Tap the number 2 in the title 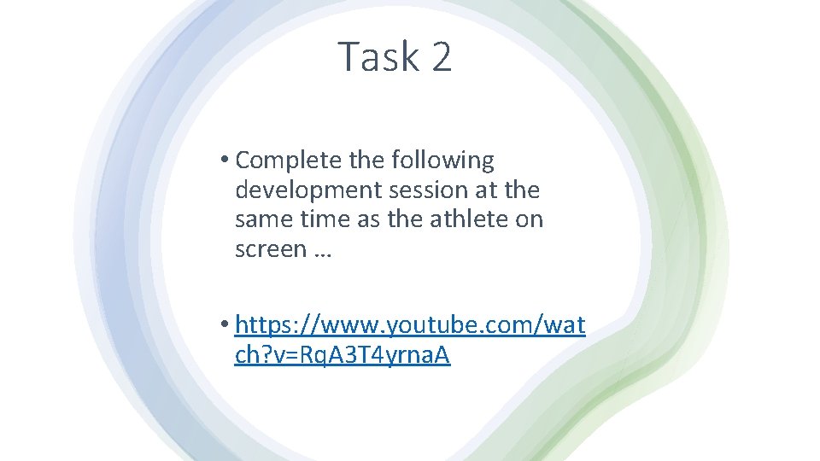441,57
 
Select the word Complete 290,160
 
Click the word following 442,160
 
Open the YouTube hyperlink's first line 410,325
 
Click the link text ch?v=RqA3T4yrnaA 342,355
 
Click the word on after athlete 530,220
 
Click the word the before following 367,160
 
